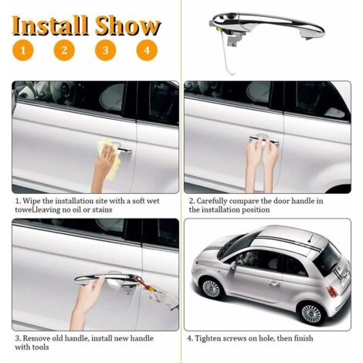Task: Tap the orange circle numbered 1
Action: pyautogui.click(x=24, y=51)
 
